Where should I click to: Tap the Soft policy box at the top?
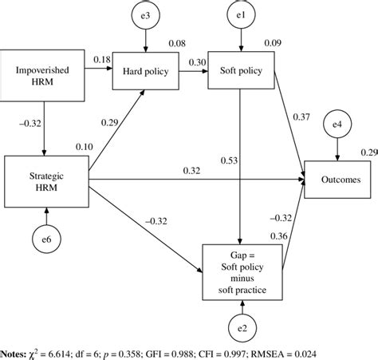[x=240, y=70]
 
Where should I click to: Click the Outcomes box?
[x=336, y=180]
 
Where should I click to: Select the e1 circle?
[x=240, y=17]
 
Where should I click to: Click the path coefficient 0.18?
[x=102, y=61]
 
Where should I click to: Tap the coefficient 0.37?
[x=303, y=117]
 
